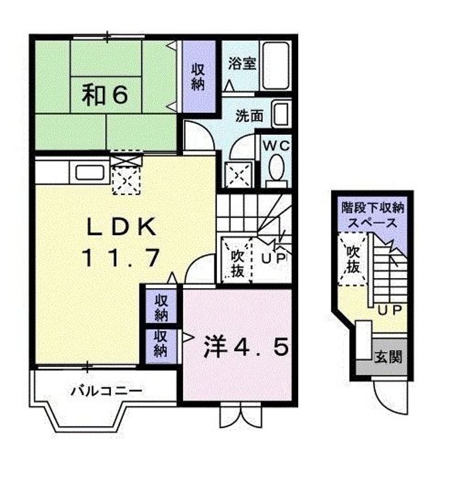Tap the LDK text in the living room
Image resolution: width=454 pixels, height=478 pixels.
[122, 228]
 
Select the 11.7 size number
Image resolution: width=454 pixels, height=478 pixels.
[122, 257]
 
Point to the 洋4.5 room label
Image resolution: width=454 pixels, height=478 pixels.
[246, 347]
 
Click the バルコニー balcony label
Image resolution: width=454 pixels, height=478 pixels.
[106, 390]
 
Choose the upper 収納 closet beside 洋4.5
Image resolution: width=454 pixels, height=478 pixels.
[161, 307]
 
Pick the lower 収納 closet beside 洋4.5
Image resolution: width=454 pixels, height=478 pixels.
[161, 345]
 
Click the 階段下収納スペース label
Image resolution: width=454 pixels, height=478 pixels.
[372, 214]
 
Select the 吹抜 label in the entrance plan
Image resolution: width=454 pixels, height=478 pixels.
[352, 259]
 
